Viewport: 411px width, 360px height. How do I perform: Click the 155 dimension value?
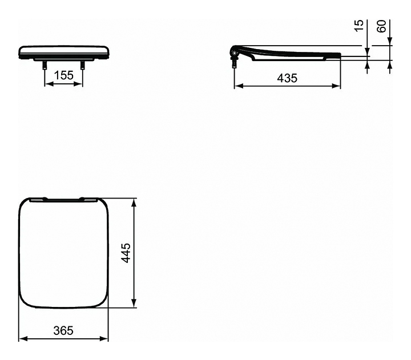click(64, 75)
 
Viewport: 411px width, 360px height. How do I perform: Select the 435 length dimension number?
click(287, 78)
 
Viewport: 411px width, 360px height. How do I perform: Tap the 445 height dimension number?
click(126, 253)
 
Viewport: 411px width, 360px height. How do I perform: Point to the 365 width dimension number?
click(63, 331)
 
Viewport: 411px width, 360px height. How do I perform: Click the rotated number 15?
click(359, 26)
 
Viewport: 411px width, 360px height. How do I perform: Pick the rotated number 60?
click(382, 26)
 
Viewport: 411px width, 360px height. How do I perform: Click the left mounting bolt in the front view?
click(45, 65)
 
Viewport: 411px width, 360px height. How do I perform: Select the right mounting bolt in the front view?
click(83, 65)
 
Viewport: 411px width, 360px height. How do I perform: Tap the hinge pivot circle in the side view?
click(235, 54)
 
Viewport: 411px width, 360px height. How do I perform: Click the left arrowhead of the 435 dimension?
click(238, 86)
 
